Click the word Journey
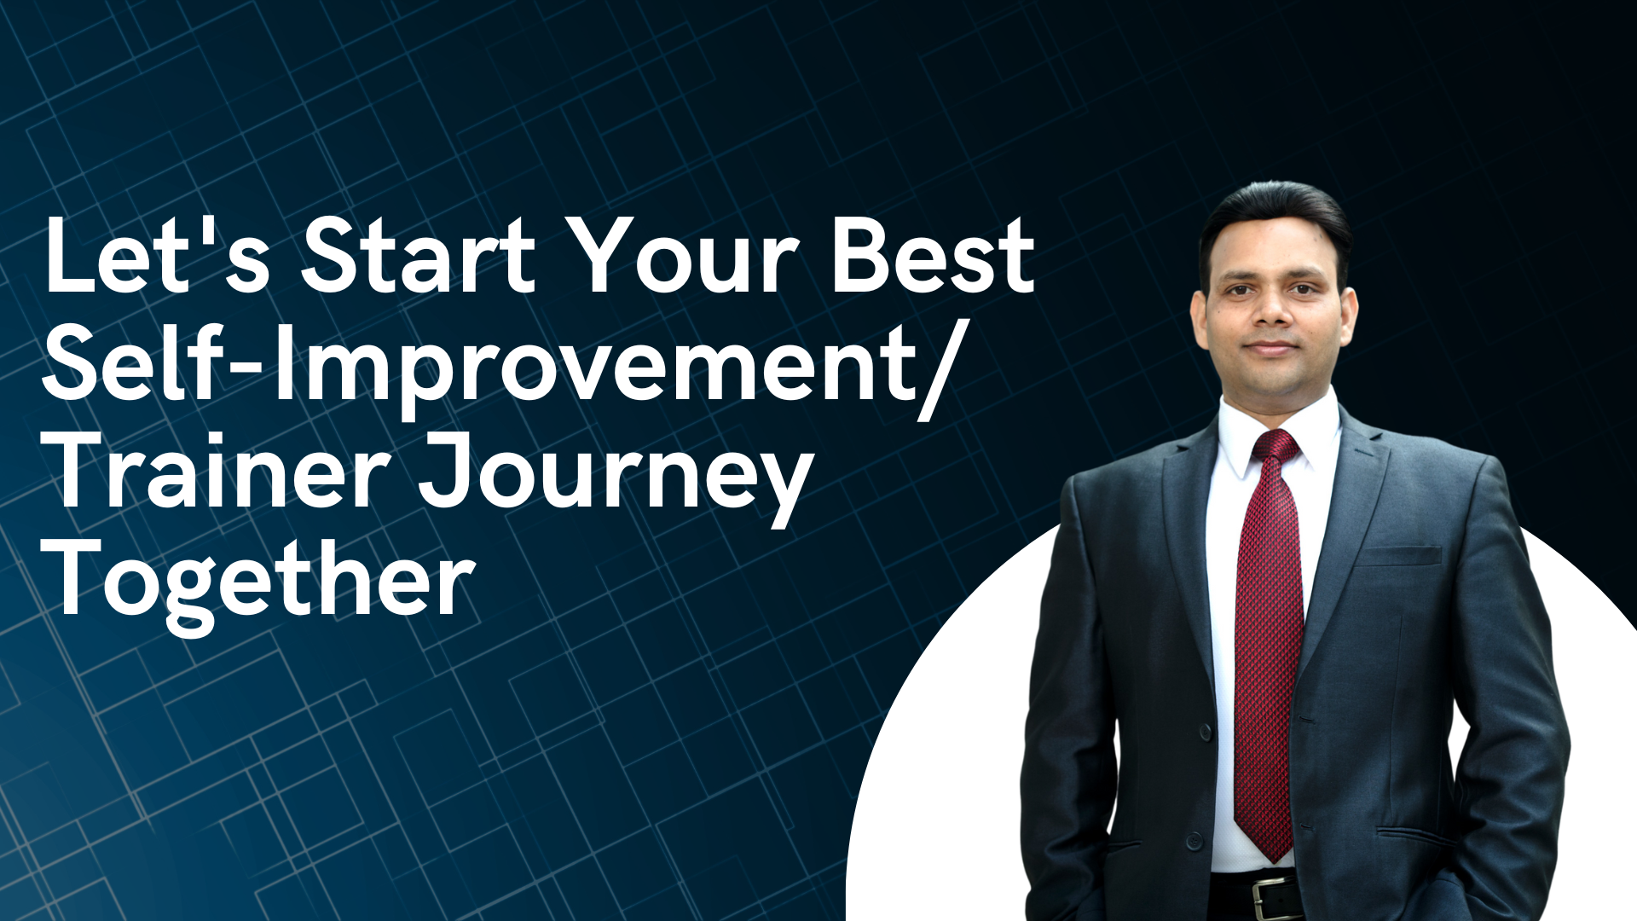coord(614,482)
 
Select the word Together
coord(260,584)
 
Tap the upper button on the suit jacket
coord(1206,733)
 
